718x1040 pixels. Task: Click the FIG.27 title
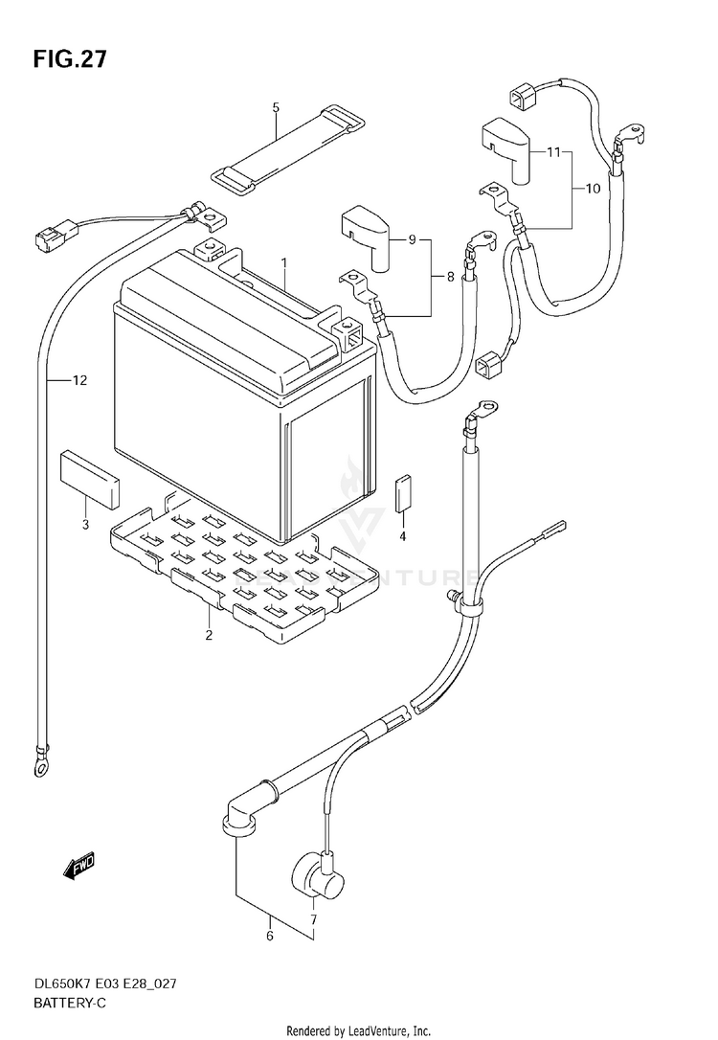[x=70, y=59]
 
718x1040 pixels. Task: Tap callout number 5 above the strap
[x=276, y=107]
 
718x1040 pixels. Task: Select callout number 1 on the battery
[x=283, y=262]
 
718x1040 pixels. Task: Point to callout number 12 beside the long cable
[x=79, y=381]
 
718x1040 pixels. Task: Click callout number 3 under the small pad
[x=85, y=526]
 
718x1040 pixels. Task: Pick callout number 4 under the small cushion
[x=402, y=536]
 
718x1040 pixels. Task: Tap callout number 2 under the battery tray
[x=209, y=636]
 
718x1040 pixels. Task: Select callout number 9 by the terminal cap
[x=412, y=239]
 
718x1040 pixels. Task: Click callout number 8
[x=451, y=278]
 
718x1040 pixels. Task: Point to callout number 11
[x=553, y=152]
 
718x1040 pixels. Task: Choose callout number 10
[x=593, y=189]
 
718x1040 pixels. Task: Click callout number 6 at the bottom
[x=270, y=937]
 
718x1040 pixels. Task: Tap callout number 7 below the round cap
[x=314, y=920]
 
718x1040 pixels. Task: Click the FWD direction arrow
[x=79, y=866]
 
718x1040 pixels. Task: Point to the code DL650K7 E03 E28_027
[x=105, y=983]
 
